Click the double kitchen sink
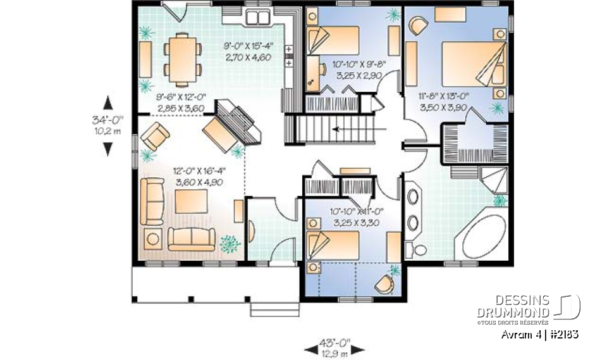[x=259, y=17]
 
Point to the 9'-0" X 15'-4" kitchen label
[x=248, y=51]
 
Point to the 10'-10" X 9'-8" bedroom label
[x=357, y=70]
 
